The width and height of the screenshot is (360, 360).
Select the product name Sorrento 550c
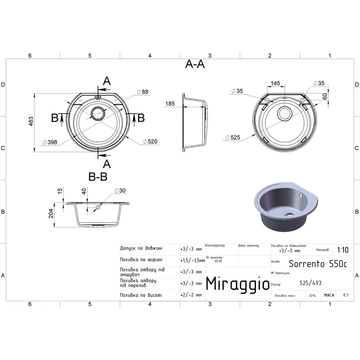click(318, 264)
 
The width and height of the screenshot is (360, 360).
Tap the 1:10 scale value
click(342, 250)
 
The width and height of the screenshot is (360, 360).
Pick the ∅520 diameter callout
click(150, 142)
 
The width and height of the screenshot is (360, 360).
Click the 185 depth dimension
click(170, 104)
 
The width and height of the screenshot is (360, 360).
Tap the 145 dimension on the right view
click(275, 84)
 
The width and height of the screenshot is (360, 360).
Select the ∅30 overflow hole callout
click(120, 190)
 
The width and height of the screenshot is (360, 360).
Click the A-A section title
click(195, 64)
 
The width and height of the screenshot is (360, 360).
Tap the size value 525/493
click(310, 283)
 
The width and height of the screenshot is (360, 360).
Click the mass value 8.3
click(345, 295)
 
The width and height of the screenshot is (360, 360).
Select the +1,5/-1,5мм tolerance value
click(192, 260)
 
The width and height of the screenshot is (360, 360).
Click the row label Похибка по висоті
click(141, 295)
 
